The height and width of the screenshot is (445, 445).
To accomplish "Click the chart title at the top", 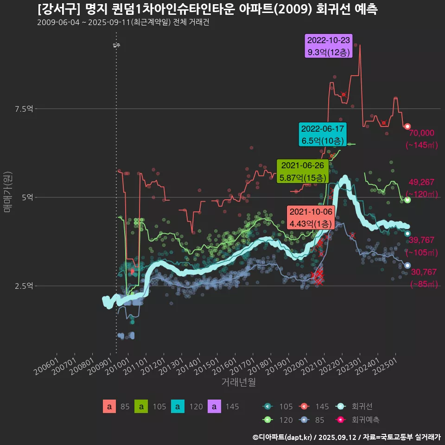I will [207, 9].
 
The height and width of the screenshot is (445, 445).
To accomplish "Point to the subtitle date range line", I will [123, 23].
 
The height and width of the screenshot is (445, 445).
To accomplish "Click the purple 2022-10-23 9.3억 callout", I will [329, 46].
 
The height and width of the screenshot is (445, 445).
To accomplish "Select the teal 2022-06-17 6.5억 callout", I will [323, 134].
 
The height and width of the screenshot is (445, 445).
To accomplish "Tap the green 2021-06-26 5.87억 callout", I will [303, 171].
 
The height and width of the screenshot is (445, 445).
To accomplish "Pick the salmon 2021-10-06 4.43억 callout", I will [311, 217].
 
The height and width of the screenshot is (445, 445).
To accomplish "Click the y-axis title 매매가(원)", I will [7, 191].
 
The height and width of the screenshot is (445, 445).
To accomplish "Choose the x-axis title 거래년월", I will [238, 382].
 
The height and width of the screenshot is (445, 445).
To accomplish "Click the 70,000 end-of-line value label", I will [421, 133].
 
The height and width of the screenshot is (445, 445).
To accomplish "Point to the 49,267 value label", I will [421, 182].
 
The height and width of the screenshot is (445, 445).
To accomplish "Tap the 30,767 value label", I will [424, 272].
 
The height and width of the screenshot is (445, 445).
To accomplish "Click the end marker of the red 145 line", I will [407, 127].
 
